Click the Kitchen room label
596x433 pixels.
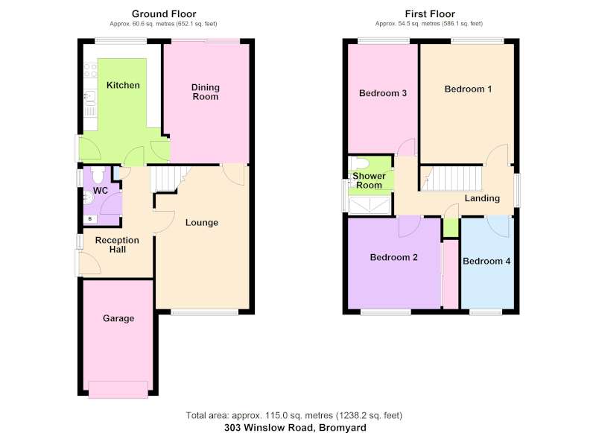point(123,85)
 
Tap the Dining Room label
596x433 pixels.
point(206,92)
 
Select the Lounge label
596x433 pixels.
point(201,222)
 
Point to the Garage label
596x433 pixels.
point(118,318)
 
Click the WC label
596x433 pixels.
point(101,191)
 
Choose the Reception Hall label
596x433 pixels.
point(117,245)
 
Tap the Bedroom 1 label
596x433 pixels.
point(468,89)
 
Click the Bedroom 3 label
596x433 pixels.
point(383,93)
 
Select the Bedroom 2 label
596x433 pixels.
point(393,257)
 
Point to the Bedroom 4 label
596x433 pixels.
point(486,261)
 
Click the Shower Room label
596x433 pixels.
point(369,180)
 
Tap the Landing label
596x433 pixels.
point(482,198)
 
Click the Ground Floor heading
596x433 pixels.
point(164,14)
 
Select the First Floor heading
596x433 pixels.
point(430,14)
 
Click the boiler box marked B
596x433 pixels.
point(90,219)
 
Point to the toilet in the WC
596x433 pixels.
point(98,174)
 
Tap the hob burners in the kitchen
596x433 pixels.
point(90,70)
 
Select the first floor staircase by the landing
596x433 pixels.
point(451,178)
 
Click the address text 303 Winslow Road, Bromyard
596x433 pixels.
point(295,428)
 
